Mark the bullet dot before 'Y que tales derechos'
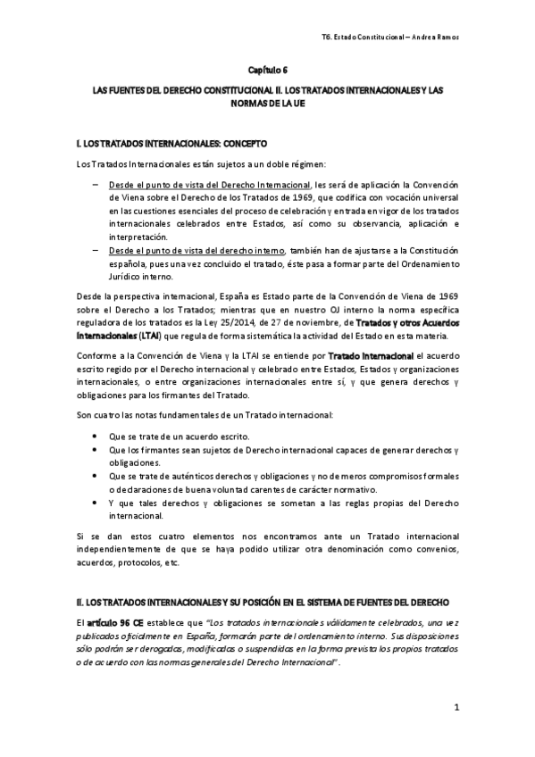tap(95, 503)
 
